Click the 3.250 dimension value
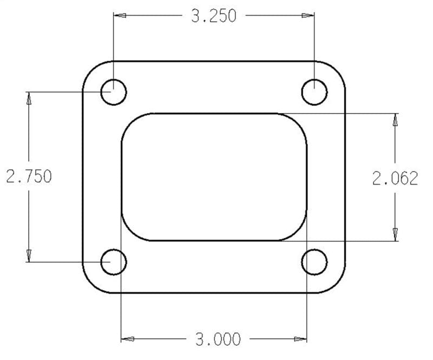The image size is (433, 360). click(214, 16)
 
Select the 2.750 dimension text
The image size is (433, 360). click(29, 176)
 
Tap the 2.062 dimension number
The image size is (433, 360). click(395, 178)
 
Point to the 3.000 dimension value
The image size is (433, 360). click(218, 339)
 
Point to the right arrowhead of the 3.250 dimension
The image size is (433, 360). click(308, 16)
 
